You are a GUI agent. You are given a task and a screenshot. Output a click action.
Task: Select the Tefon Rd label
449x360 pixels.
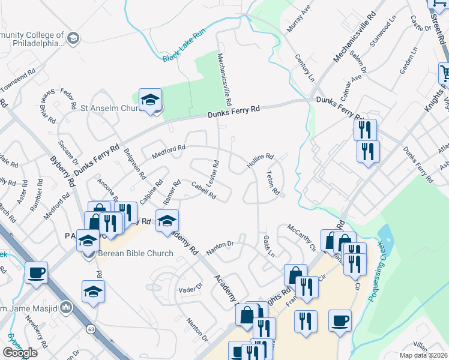[x=273, y=183]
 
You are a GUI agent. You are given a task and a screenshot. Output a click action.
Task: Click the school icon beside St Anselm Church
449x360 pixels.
[x=150, y=100]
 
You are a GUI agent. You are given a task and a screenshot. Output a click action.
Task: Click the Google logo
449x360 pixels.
[x=20, y=352]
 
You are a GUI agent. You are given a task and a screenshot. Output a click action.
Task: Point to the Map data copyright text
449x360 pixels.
[x=423, y=355]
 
